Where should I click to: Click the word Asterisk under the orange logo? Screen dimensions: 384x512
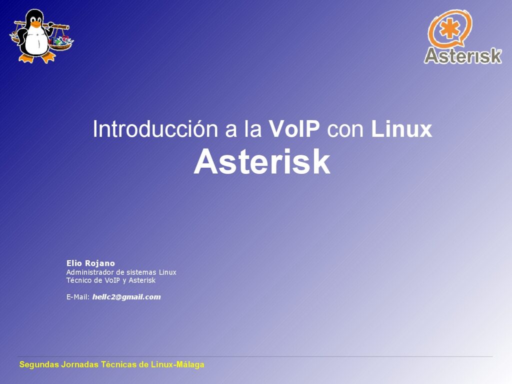click(462, 56)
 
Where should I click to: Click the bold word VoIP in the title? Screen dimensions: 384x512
click(294, 129)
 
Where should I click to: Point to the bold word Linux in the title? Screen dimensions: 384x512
click(401, 129)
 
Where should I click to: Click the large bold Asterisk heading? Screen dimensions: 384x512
click(262, 162)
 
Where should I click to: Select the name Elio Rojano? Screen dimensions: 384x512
click(90, 263)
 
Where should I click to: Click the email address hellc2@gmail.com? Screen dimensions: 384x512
click(126, 297)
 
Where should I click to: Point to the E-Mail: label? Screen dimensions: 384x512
click(78, 297)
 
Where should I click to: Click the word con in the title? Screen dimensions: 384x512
click(345, 129)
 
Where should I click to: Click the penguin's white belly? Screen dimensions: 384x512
click(35, 43)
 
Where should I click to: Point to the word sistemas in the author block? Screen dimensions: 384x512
click(141, 272)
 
